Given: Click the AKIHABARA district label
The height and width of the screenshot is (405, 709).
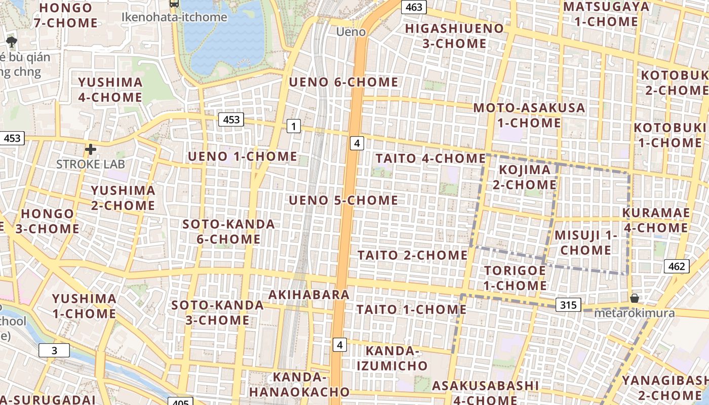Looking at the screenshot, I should click(309, 295).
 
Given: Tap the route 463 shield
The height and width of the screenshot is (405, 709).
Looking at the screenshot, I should click(414, 7).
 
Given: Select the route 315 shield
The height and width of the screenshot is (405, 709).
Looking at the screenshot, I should click(568, 305).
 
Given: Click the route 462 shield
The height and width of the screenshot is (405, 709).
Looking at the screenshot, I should click(676, 266).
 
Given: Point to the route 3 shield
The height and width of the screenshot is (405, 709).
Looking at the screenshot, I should click(54, 350).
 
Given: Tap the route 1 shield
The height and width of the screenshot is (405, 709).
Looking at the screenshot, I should click(293, 126).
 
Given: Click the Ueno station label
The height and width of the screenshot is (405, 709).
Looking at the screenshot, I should click(351, 32).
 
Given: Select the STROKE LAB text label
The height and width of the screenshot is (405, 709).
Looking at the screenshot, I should click(90, 165).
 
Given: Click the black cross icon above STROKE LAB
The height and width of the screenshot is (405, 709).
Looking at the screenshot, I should click(91, 149).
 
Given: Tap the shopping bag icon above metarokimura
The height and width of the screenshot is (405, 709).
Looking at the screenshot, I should click(634, 298).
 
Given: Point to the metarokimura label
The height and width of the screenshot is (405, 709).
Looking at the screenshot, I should click(634, 313).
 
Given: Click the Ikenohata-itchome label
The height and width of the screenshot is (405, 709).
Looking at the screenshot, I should click(174, 17).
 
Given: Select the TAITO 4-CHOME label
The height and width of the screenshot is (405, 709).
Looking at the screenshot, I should click(430, 158).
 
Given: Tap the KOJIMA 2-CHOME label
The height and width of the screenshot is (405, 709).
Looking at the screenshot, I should click(524, 177).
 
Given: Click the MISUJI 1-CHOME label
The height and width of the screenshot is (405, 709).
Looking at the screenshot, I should click(586, 242).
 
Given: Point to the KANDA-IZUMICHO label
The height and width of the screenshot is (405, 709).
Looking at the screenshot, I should click(392, 358).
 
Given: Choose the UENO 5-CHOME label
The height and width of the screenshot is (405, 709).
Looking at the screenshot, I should click(343, 200).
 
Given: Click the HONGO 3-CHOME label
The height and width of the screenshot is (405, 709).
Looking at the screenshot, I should click(47, 221).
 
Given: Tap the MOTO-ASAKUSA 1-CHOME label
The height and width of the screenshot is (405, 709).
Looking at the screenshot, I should click(529, 115).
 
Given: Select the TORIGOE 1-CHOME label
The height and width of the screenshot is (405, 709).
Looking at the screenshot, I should click(515, 278).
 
